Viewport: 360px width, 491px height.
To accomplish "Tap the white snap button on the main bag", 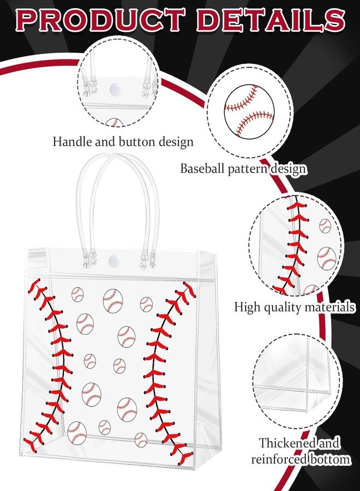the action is [x=112, y=260].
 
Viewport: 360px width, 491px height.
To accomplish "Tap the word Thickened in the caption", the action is [x=284, y=443].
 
